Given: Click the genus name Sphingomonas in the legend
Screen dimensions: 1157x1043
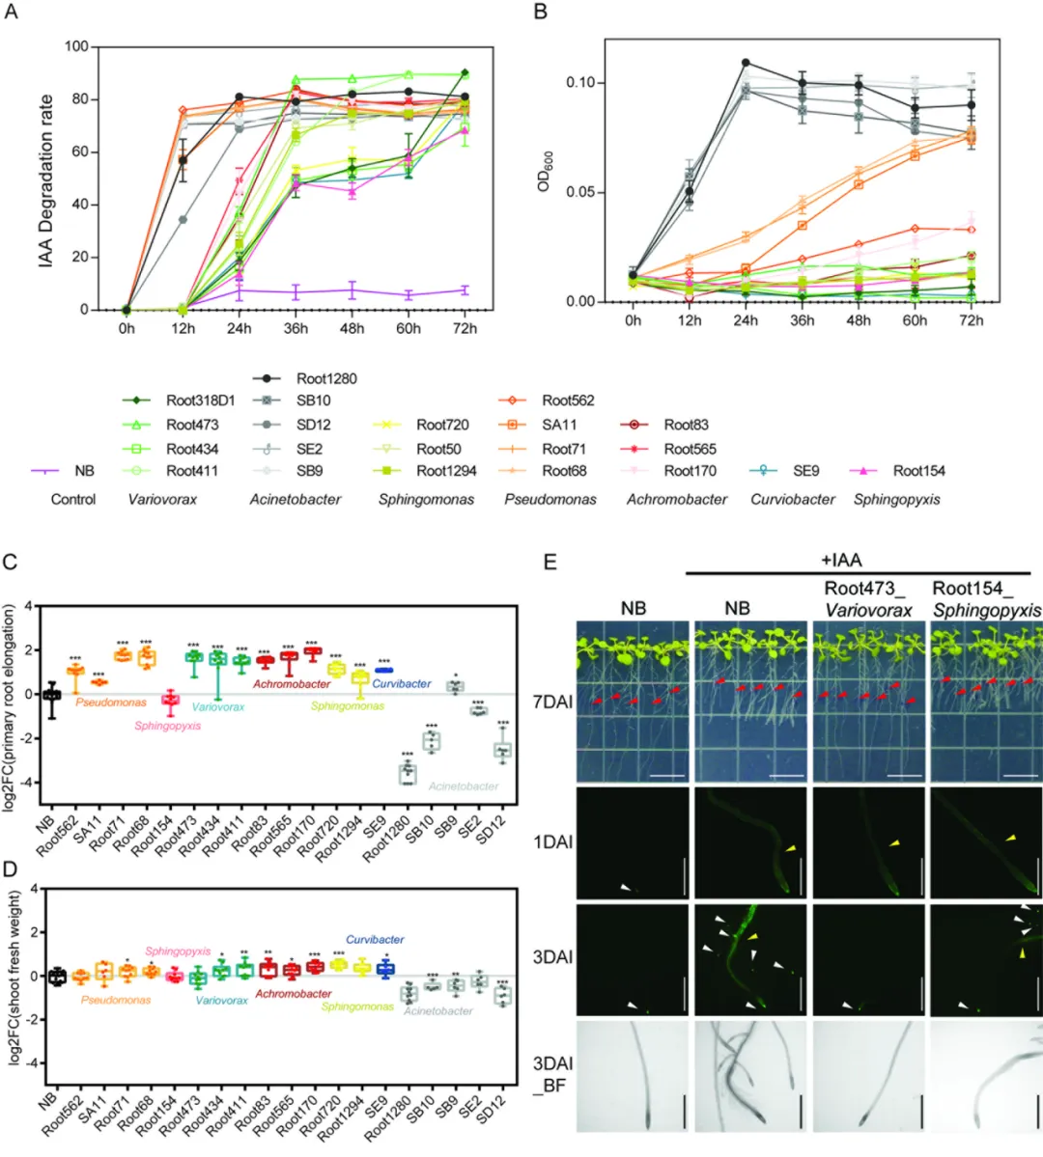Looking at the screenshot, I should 426,500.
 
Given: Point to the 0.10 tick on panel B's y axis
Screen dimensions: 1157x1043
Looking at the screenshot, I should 580,83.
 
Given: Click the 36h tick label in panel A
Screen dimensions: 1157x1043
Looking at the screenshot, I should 296,328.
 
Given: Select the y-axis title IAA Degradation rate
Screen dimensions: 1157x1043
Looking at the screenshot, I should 46,180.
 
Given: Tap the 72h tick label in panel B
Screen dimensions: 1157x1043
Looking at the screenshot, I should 971,320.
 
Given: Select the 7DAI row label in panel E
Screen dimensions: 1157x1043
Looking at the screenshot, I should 552,702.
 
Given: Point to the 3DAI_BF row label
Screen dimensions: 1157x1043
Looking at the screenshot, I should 552,1074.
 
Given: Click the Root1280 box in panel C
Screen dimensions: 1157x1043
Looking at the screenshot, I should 409,772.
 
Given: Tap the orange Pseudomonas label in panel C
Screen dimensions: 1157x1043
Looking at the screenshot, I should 111,702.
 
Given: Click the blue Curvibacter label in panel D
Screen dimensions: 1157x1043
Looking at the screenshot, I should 375,939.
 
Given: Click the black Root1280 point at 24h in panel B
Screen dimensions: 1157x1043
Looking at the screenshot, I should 746,63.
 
